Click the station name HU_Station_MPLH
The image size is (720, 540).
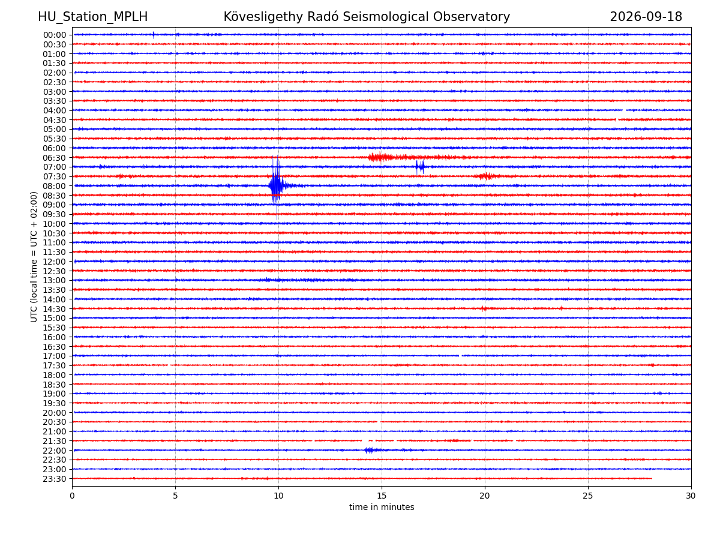92,17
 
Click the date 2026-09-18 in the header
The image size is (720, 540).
645,17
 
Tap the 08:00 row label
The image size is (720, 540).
55,186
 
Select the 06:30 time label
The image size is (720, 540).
55,158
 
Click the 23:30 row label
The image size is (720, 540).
55,479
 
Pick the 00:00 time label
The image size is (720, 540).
55,35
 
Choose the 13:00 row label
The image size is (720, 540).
55,280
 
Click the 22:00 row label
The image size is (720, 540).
55,451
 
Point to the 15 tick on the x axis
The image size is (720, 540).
382,496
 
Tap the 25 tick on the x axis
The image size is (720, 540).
588,496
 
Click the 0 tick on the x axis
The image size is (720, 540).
72,496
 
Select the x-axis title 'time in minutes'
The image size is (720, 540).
382,507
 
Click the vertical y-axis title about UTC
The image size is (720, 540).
34,257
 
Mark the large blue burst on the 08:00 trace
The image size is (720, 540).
277,186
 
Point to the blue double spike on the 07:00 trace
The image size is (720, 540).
420,167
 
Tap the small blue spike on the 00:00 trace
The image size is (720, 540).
153,35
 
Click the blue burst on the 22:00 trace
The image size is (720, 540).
370,450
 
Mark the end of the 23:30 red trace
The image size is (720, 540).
652,479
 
